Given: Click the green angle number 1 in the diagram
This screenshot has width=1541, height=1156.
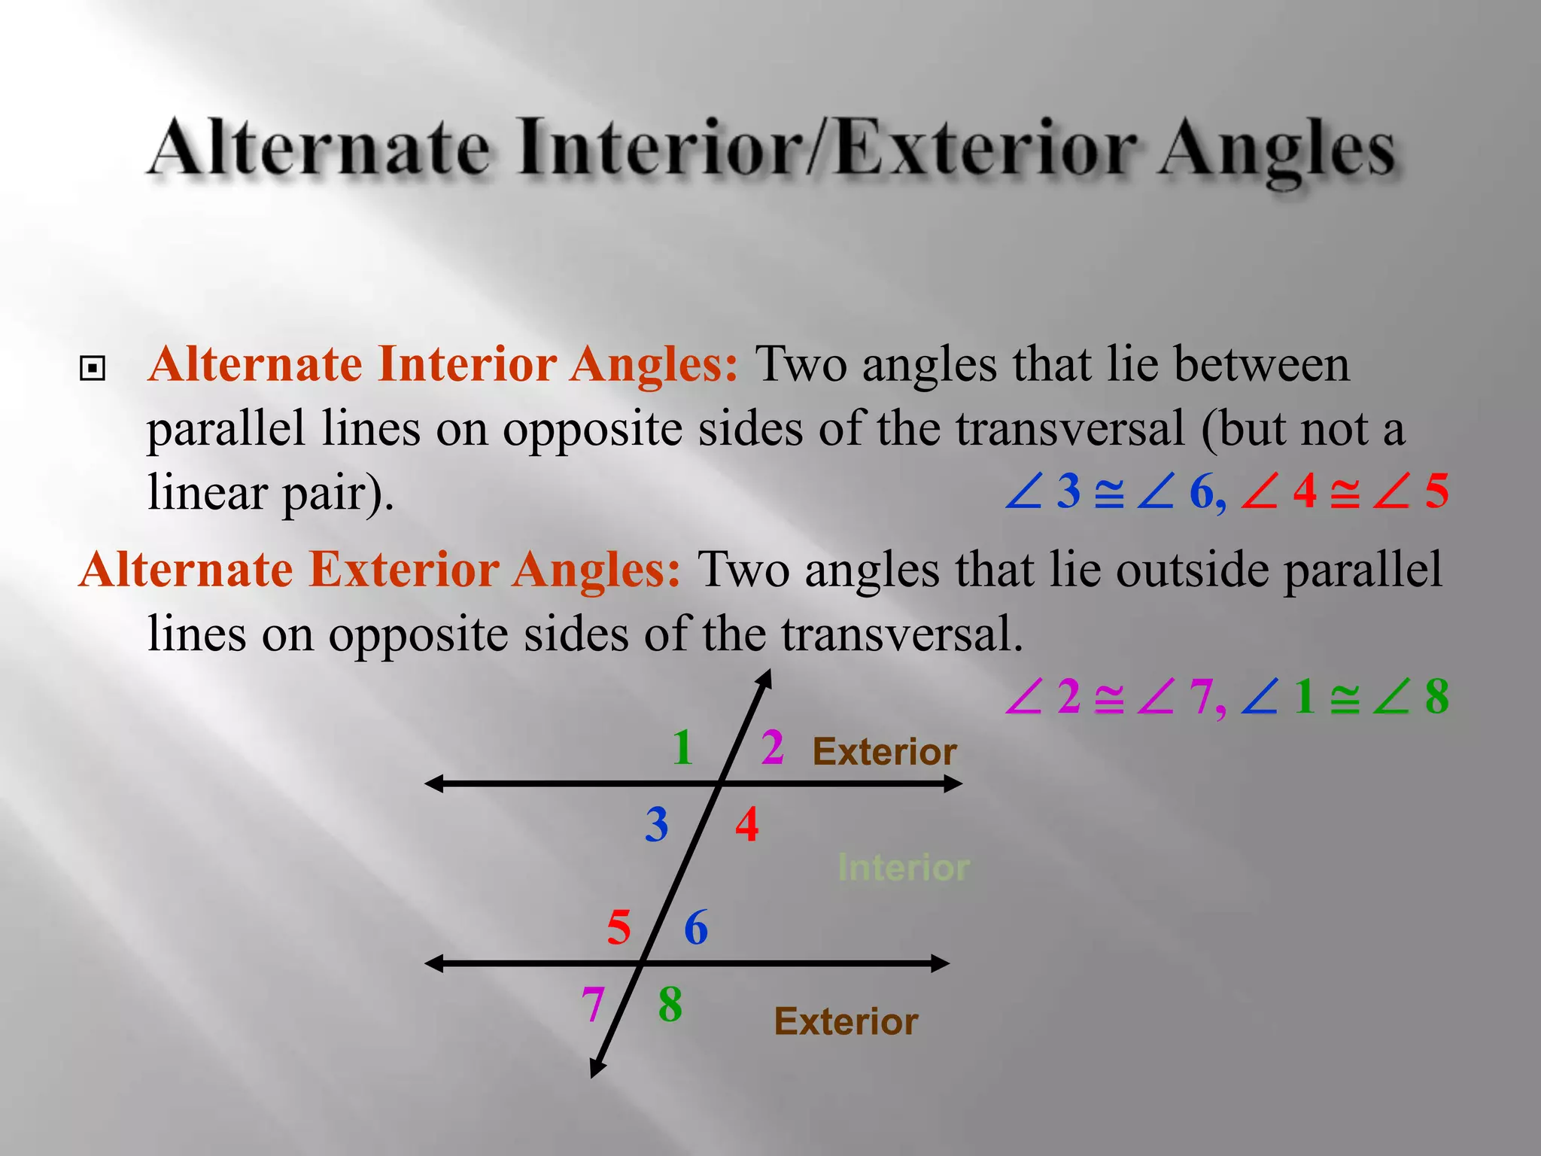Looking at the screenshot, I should (x=682, y=747).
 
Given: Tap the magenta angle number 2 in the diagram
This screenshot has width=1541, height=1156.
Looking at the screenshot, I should (x=772, y=747).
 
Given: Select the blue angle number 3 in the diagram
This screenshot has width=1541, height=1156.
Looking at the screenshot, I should (x=656, y=825).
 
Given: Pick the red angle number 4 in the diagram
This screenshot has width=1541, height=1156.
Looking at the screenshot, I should (x=746, y=825).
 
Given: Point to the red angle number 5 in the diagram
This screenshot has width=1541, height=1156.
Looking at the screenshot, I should (x=619, y=927).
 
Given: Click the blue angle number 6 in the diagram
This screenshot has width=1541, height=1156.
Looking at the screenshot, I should (x=696, y=927).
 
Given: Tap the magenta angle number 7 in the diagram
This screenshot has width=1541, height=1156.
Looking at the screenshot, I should (x=593, y=1005).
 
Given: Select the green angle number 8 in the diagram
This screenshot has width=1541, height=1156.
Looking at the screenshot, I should (x=670, y=1005).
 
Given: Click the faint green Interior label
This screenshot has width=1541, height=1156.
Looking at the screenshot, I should (x=904, y=868).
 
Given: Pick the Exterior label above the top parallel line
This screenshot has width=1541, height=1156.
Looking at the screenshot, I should (x=884, y=752).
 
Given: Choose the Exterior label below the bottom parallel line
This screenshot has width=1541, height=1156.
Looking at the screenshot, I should (x=846, y=1022).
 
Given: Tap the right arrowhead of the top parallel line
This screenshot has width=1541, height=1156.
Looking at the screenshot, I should (x=954, y=784).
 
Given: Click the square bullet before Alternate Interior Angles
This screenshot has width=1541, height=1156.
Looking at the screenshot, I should (x=92, y=369).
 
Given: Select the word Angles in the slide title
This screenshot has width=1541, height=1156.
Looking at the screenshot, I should (x=1276, y=149).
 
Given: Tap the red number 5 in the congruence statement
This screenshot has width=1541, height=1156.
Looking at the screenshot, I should (x=1436, y=492).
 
